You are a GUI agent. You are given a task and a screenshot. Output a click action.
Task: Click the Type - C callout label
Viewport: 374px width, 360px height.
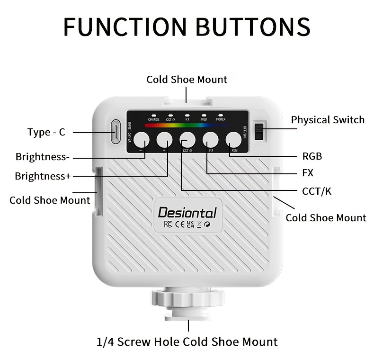[46, 132]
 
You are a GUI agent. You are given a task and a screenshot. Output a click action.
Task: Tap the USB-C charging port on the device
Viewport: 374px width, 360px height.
[116, 132]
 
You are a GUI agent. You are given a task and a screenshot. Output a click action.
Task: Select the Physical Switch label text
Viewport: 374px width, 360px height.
[328, 120]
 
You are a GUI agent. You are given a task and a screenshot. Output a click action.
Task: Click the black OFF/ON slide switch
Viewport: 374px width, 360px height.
[259, 132]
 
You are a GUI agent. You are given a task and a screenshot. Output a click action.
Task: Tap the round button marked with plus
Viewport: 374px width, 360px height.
[164, 140]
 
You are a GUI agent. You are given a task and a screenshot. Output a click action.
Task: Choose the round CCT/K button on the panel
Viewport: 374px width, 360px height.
[187, 140]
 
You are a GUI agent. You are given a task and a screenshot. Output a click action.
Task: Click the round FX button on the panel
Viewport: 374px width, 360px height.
[211, 140]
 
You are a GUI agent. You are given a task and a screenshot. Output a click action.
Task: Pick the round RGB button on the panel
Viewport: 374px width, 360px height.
[233, 140]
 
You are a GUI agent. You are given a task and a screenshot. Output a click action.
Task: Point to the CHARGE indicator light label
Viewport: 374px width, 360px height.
[153, 119]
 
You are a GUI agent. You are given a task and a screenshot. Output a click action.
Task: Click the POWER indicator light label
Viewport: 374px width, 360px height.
[221, 119]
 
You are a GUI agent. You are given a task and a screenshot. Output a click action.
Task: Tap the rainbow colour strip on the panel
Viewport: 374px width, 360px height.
[187, 126]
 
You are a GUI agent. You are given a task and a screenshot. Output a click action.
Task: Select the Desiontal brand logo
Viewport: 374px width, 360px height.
[187, 213]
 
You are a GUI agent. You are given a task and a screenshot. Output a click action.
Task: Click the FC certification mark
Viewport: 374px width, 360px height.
[168, 224]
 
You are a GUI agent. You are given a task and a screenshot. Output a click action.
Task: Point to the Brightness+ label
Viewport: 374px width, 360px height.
[43, 176]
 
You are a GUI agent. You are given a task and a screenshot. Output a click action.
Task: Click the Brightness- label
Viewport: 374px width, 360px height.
[43, 157]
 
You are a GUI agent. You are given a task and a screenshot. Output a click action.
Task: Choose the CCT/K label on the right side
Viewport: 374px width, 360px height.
[317, 191]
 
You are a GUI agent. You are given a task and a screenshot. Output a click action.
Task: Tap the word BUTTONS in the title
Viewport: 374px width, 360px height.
[253, 27]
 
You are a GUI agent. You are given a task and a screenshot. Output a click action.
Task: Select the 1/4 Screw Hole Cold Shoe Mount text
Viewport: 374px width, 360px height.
[187, 342]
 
